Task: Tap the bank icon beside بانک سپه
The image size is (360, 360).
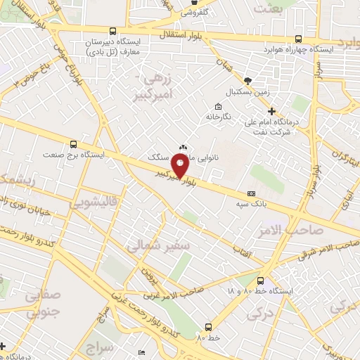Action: (251, 194)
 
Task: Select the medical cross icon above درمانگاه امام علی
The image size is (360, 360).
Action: (271, 111)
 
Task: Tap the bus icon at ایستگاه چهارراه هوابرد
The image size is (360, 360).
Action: (299, 39)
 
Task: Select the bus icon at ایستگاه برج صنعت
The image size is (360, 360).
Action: (74, 143)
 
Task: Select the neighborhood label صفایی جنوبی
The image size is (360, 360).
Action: (43, 303)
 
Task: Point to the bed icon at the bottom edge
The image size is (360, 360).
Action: (142, 352)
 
